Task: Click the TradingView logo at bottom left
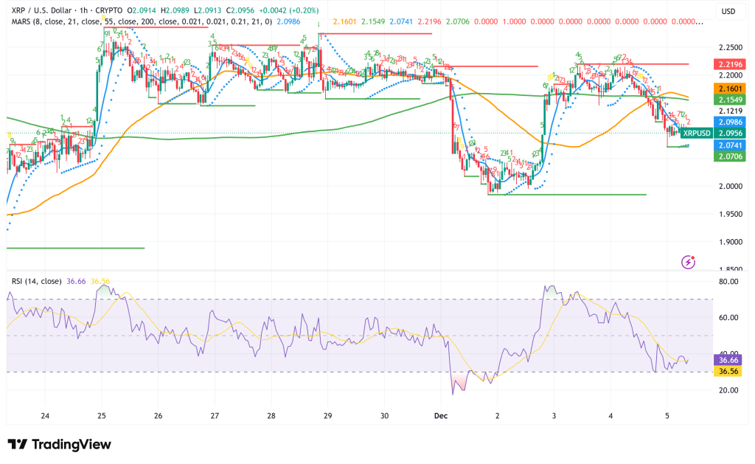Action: click(60, 444)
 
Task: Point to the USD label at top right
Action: click(728, 11)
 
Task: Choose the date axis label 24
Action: click(45, 416)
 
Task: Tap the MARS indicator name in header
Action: click(22, 22)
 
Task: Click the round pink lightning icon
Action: click(689, 261)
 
